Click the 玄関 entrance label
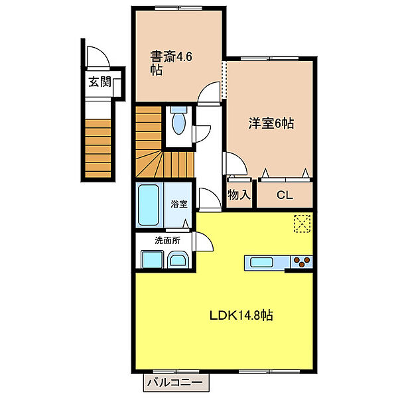pos(100,84)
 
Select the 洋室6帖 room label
pos(271,123)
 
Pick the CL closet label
pos(285,195)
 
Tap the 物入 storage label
pos(239,195)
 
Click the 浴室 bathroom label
pos(179,204)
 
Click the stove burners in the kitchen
pos(302,261)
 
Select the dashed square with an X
pos(302,223)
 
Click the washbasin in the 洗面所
pos(178,259)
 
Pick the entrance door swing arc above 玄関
pos(94,58)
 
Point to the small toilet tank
pos(177,110)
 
